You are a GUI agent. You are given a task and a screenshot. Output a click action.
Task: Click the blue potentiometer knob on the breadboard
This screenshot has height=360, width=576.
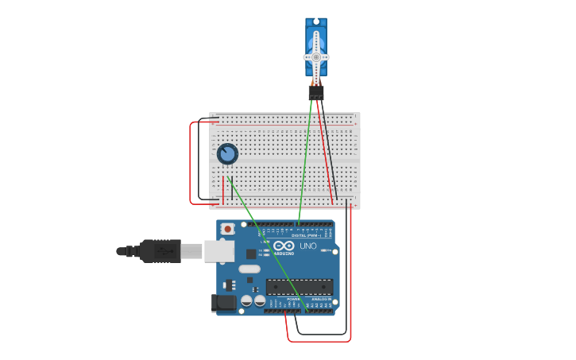point(227,153)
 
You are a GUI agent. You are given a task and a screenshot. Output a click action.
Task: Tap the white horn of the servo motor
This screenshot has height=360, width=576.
point(316,57)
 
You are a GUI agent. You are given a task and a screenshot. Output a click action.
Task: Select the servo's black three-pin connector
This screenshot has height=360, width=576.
point(316,93)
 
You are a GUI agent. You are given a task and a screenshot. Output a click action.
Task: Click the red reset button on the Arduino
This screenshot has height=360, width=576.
point(228,229)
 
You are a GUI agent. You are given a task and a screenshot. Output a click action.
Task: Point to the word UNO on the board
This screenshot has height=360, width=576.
point(307,246)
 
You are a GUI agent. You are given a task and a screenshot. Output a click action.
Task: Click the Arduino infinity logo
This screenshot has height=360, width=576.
point(284,246)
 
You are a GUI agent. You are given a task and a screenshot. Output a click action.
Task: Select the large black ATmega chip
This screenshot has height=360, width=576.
point(298,286)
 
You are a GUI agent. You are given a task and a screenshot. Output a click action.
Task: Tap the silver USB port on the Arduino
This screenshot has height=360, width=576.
point(219,251)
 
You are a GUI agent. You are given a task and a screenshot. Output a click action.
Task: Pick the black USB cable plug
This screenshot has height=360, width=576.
point(159,251)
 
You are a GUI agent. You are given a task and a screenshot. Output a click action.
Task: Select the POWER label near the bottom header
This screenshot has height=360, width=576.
point(284,299)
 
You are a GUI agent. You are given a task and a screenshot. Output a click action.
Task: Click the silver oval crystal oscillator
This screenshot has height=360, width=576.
point(249,269)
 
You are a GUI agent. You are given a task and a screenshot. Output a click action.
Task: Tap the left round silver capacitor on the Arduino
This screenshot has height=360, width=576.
point(246,301)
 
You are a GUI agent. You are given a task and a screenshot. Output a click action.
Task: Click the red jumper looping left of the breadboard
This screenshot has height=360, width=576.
point(190,163)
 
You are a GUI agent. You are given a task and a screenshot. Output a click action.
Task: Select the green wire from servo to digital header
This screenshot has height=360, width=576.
point(305,167)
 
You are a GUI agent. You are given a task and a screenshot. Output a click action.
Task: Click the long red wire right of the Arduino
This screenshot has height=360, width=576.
point(350,278)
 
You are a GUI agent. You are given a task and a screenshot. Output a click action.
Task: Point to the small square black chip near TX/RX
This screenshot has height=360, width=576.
point(251,254)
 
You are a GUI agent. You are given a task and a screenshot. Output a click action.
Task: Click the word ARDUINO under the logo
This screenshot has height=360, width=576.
point(284,254)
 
